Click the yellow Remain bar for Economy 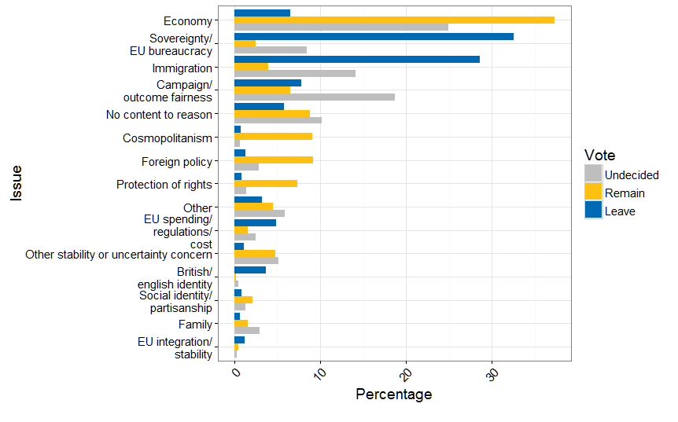coord(394,20)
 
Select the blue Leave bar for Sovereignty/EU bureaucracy coord(374,36)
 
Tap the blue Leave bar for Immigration coord(357,59)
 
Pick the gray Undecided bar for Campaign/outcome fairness coord(315,97)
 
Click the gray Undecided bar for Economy coord(341,28)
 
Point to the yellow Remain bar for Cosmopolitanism coord(273,136)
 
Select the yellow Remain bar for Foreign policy coord(274,160)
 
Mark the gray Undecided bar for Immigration coord(295,74)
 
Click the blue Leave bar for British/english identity coord(250,270)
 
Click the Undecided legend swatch coord(593,174)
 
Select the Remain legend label coord(625,193)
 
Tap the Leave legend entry coord(620,211)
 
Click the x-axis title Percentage coord(393,394)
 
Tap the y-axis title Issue coord(17,183)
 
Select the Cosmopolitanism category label coord(168,138)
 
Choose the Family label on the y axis coord(195,324)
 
